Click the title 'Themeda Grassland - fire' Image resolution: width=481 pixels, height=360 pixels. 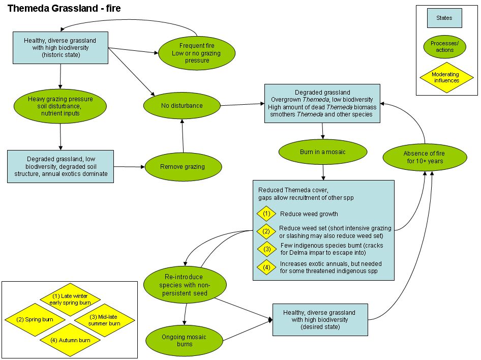click(x=64, y=9)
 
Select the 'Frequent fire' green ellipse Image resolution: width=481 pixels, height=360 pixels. click(x=197, y=52)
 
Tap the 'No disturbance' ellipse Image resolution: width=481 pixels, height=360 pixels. click(x=182, y=106)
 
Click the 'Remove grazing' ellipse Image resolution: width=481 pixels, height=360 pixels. click(x=183, y=166)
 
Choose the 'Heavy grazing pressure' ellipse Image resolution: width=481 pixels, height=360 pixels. click(x=61, y=106)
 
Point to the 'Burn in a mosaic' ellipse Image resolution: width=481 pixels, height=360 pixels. click(x=323, y=152)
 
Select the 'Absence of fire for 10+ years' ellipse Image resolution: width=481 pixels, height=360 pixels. click(x=424, y=157)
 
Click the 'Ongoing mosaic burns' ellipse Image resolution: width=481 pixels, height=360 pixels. click(x=184, y=340)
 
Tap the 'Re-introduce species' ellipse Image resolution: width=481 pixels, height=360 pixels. click(x=184, y=284)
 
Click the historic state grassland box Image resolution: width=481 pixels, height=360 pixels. click(x=60, y=47)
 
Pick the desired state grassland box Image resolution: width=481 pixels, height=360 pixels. click(x=320, y=319)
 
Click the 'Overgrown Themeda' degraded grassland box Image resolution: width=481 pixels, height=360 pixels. click(x=322, y=103)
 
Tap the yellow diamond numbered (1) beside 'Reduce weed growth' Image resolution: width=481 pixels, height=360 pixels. click(x=267, y=214)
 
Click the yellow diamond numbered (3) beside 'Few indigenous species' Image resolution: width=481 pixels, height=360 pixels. click(x=267, y=249)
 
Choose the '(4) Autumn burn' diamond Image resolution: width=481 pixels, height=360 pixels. click(x=71, y=340)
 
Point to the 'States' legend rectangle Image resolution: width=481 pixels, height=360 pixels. click(x=444, y=18)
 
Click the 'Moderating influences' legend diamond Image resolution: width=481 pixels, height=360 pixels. click(x=445, y=77)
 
